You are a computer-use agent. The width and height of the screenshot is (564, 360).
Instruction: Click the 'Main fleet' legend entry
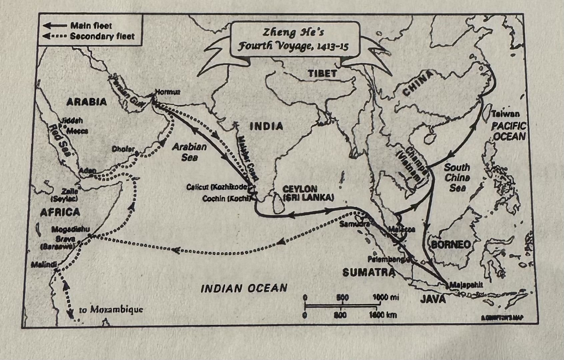(91, 26)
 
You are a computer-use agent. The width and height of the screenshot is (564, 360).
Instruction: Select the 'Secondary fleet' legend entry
(102, 36)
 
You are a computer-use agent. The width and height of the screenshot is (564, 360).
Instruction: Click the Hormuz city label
(168, 92)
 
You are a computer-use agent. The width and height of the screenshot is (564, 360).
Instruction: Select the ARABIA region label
(87, 102)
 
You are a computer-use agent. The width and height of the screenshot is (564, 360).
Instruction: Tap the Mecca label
(77, 131)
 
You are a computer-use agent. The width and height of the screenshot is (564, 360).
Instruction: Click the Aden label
(88, 171)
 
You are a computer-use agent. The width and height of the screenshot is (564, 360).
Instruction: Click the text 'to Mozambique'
(111, 310)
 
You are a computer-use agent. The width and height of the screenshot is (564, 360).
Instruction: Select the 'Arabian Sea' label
(189, 152)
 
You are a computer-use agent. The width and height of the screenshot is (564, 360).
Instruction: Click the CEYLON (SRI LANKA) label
(308, 194)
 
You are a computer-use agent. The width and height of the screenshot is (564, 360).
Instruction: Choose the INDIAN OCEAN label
(244, 288)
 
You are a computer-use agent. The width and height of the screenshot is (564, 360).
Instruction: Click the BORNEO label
(451, 245)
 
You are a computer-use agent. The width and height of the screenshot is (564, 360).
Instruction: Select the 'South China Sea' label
(457, 177)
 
